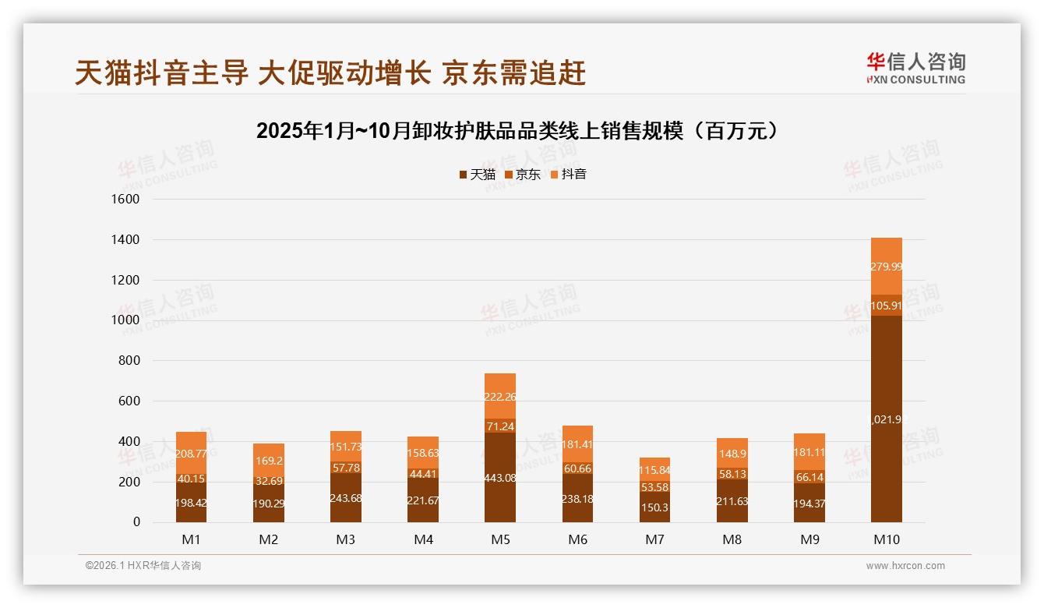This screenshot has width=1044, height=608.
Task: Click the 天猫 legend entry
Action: (x=477, y=175)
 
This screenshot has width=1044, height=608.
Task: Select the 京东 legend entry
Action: (x=523, y=175)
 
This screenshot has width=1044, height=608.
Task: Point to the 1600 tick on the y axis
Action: (x=125, y=200)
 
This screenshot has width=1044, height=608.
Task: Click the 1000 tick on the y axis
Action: (x=125, y=320)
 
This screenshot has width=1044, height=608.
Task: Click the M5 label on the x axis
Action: (x=500, y=539)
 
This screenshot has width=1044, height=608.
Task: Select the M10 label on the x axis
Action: (x=886, y=539)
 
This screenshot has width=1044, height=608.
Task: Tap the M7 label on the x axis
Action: (x=654, y=539)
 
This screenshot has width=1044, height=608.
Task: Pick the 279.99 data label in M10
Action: (x=886, y=267)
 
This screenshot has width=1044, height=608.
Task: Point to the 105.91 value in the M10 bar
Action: (x=886, y=306)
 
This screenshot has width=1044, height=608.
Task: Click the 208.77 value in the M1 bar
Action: (x=191, y=453)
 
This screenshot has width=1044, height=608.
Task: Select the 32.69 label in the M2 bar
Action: (x=268, y=481)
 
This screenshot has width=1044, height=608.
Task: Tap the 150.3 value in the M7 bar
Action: (x=654, y=507)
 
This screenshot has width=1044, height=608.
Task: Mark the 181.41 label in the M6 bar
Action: (x=577, y=445)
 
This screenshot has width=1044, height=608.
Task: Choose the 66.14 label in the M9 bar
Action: (x=809, y=477)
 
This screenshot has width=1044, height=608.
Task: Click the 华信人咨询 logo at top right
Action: (x=915, y=68)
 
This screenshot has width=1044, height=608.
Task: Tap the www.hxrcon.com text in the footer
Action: (x=905, y=566)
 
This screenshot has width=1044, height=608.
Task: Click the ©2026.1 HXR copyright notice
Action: (x=143, y=566)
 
